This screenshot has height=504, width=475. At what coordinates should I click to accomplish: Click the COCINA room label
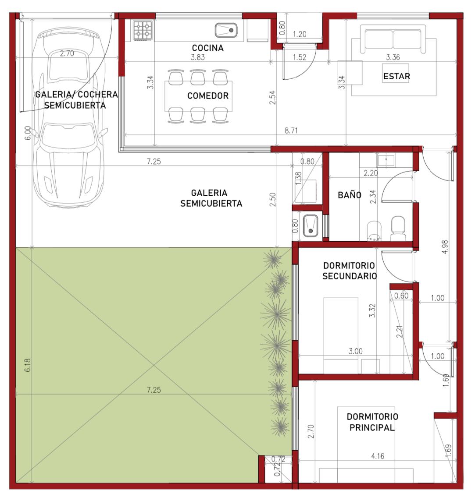[x=208, y=48]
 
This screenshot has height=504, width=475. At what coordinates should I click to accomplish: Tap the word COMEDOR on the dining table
[x=208, y=95]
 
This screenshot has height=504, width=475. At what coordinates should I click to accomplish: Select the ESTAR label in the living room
[x=397, y=76]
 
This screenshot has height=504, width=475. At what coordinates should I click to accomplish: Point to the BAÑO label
[x=350, y=195]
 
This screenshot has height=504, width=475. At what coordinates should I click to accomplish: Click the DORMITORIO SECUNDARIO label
[x=350, y=271]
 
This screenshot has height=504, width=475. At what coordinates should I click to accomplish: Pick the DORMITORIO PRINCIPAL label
[x=372, y=422]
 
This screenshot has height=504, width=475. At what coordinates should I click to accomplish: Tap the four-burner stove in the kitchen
[x=143, y=30]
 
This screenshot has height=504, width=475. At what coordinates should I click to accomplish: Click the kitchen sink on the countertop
[x=226, y=30]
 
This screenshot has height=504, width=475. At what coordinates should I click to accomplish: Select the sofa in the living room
[x=393, y=39]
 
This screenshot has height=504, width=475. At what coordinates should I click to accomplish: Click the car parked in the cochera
[x=70, y=117]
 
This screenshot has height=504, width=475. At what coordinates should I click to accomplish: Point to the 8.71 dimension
[x=291, y=130]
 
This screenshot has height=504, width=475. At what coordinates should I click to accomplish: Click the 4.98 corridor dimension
[x=445, y=247]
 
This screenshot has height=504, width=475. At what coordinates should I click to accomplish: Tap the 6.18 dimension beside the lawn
[x=28, y=365]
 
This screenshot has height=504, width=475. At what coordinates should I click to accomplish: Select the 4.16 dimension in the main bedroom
[x=378, y=456]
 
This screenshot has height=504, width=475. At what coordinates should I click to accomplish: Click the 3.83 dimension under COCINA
[x=198, y=57]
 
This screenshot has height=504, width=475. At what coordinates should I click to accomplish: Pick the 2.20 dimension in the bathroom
[x=371, y=173]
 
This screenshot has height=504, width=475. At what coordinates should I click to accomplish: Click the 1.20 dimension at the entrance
[x=300, y=34]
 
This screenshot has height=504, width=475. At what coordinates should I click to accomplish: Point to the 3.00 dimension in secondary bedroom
[x=356, y=351]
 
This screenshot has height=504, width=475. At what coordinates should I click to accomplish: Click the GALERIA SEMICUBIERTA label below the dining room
[x=211, y=198]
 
